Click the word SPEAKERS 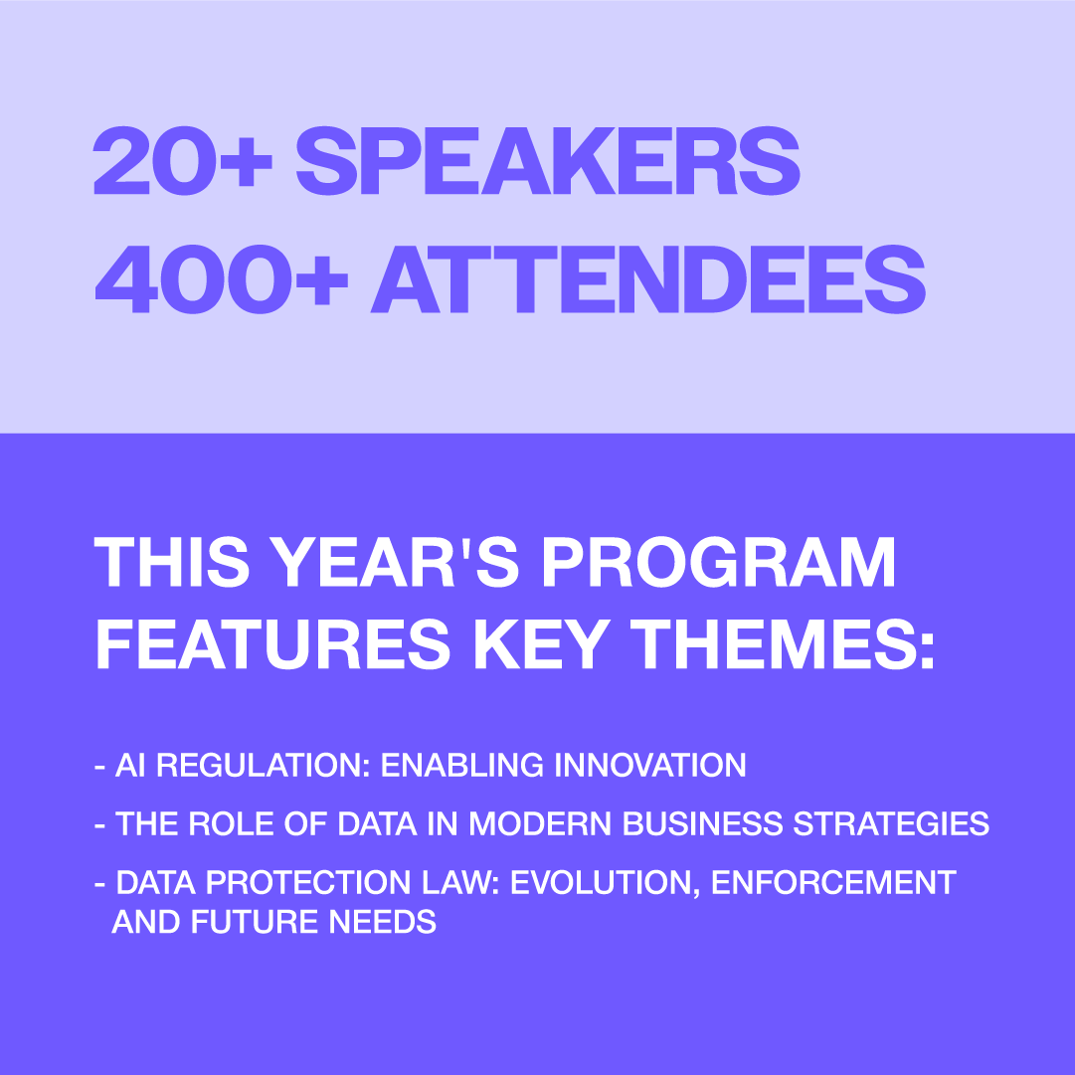pos(548,160)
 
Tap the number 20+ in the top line pos(182,160)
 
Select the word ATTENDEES pos(647,279)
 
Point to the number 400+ pos(221,279)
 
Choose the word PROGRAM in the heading pos(718,562)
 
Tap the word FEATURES pos(272,643)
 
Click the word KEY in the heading pos(541,643)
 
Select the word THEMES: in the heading pos(783,643)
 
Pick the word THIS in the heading pos(171,562)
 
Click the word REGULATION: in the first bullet pos(264,765)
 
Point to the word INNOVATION pos(650,765)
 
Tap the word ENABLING pos(462,765)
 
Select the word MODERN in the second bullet pos(540,823)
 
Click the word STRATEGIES pos(891,823)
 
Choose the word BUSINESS pos(702,823)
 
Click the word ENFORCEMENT pos(833,882)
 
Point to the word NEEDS pos(383,922)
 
